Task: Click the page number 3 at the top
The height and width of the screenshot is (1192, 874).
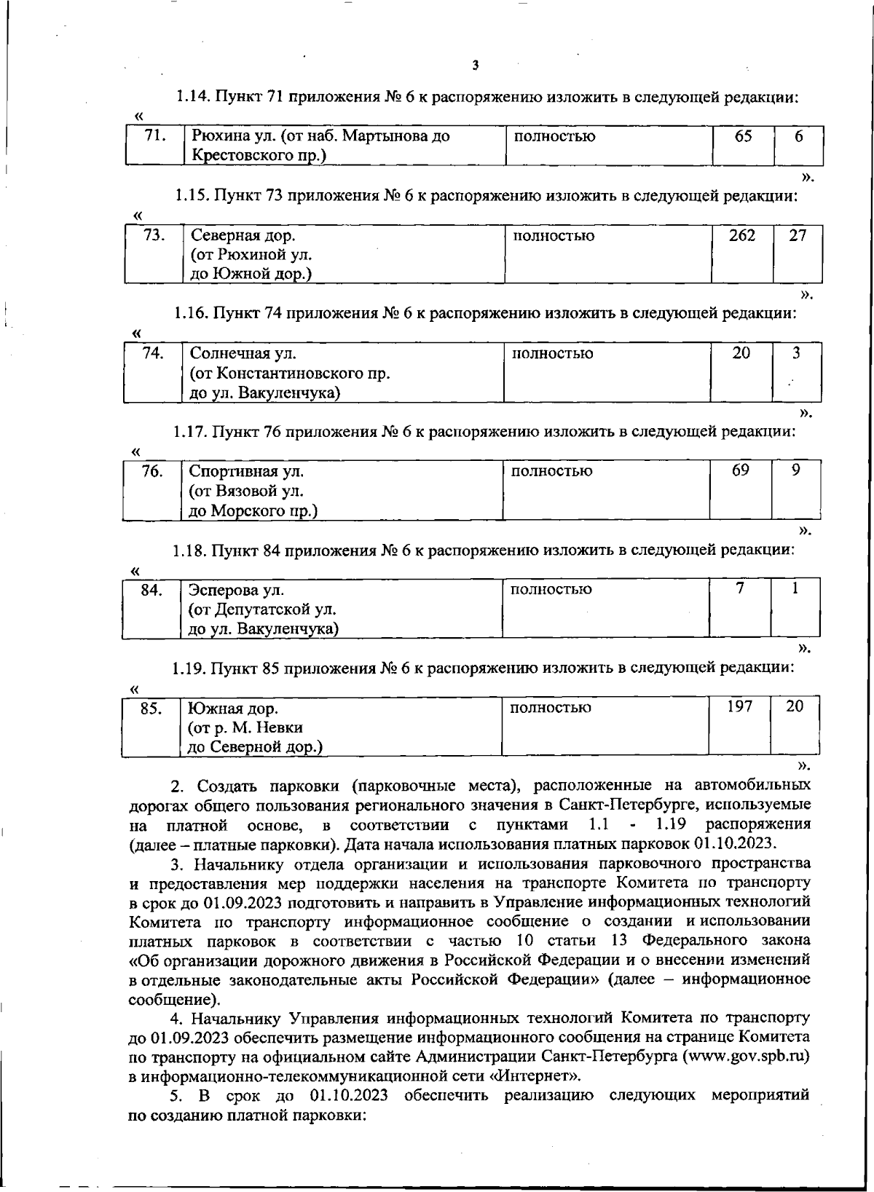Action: tap(475, 66)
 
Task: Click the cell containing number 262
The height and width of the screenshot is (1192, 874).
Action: tap(741, 236)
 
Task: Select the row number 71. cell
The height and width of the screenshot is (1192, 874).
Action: tap(154, 136)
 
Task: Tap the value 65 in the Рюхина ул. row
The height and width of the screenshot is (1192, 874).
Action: tap(743, 136)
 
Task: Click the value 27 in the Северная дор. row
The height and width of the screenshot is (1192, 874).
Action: tap(798, 236)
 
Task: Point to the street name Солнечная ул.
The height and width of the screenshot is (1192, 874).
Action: tap(243, 354)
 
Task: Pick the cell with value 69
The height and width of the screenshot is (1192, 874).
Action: tap(740, 470)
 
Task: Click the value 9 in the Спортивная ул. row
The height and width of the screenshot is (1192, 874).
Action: tap(796, 470)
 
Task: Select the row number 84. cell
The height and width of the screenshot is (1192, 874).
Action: tap(151, 590)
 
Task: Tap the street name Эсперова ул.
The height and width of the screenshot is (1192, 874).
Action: tap(236, 590)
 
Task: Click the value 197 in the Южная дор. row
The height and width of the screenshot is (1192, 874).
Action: tap(739, 706)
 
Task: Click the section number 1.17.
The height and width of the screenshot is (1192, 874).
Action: tap(190, 432)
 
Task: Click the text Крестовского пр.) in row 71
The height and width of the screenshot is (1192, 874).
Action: tap(258, 156)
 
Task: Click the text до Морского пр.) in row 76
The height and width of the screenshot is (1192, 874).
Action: tap(253, 511)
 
